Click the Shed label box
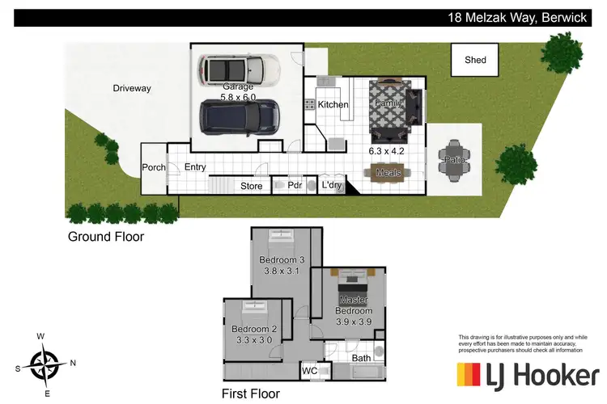pyautogui.click(x=475, y=60)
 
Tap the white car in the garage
pyautogui.click(x=240, y=69)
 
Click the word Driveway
pyautogui.click(x=133, y=88)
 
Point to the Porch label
pyautogui.click(x=154, y=167)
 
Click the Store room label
pyautogui.click(x=252, y=187)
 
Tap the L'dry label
pyautogui.click(x=332, y=186)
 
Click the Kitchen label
pyautogui.click(x=333, y=105)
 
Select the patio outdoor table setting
pyautogui.click(x=453, y=159)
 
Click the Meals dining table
pyautogui.click(x=389, y=172)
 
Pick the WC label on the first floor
pyautogui.click(x=309, y=371)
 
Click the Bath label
pyautogui.click(x=361, y=357)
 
